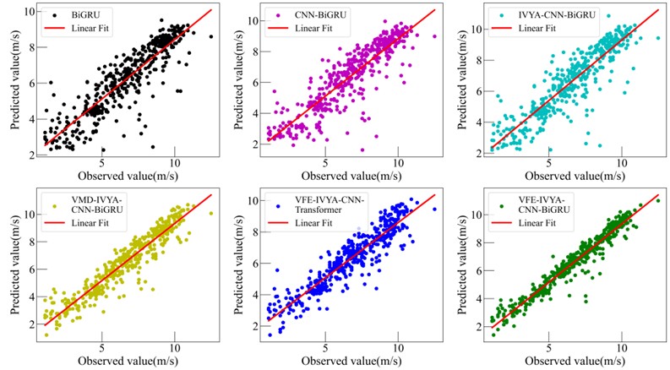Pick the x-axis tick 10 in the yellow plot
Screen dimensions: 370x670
coord(174,347)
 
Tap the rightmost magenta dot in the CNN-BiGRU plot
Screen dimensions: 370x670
coord(434,36)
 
